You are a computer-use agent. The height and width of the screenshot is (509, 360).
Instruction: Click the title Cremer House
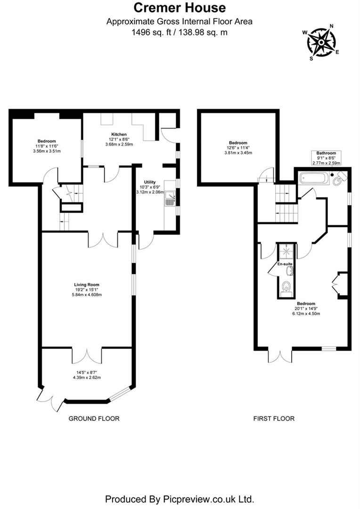180,8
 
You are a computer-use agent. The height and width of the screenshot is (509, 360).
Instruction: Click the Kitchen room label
119,134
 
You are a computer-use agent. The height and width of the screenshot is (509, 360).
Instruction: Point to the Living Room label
87,285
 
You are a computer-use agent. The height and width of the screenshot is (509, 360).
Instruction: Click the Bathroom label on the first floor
326,153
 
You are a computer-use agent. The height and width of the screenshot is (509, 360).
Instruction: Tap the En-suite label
285,264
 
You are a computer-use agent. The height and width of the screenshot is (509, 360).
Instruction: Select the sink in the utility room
170,199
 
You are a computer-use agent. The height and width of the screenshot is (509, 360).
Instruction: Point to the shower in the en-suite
286,252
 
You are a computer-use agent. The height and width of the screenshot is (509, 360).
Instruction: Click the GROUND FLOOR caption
94,419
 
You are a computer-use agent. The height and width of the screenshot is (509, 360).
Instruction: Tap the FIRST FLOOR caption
274,419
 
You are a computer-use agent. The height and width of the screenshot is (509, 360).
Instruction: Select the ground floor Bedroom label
47,141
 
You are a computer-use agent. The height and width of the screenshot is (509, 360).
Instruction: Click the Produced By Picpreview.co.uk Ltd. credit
180,499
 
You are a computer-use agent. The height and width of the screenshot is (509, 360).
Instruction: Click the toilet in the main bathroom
337,180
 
